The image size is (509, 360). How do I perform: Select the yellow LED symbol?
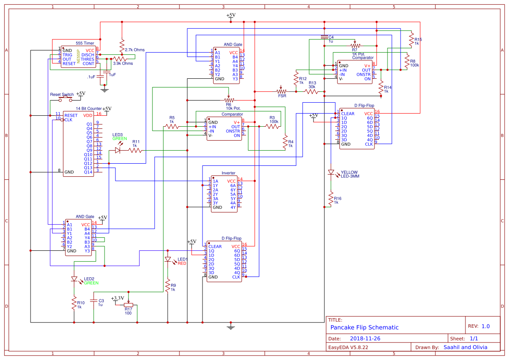point(331,172)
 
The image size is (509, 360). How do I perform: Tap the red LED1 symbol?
point(168,259)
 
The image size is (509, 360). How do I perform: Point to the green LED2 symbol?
point(74,279)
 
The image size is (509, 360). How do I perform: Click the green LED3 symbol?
point(118,150)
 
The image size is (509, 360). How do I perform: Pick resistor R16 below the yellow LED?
point(331,199)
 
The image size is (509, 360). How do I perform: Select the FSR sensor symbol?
point(282,92)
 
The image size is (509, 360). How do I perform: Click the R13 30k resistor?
point(312,92)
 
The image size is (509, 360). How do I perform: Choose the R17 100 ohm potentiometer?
point(128,305)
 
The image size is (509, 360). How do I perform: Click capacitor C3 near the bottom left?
point(93,300)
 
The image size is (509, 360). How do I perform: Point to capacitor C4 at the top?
point(324,37)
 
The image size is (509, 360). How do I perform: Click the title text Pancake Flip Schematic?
point(364,327)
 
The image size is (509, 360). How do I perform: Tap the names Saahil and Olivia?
point(465,347)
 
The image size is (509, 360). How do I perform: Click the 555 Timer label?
point(85,43)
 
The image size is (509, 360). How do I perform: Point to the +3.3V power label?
point(118,298)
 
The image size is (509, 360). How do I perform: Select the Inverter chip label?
point(228,173)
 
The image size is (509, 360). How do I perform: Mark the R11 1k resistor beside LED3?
point(135,150)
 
